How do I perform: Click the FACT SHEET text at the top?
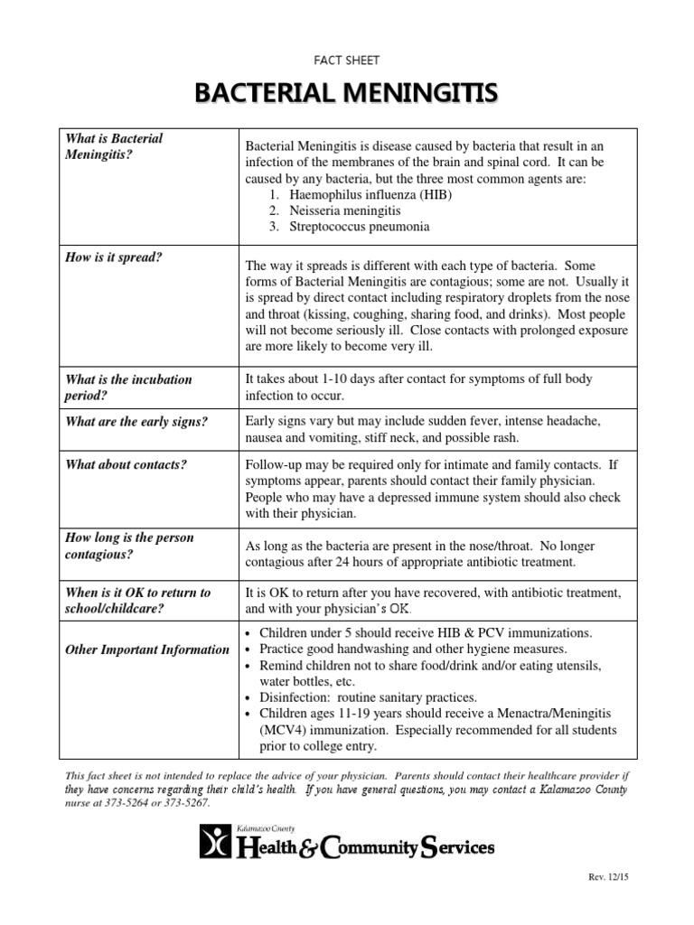pos(347,61)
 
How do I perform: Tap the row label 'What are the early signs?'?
pos(136,421)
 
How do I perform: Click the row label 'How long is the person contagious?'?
pos(129,546)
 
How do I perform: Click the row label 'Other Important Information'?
pos(147,649)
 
